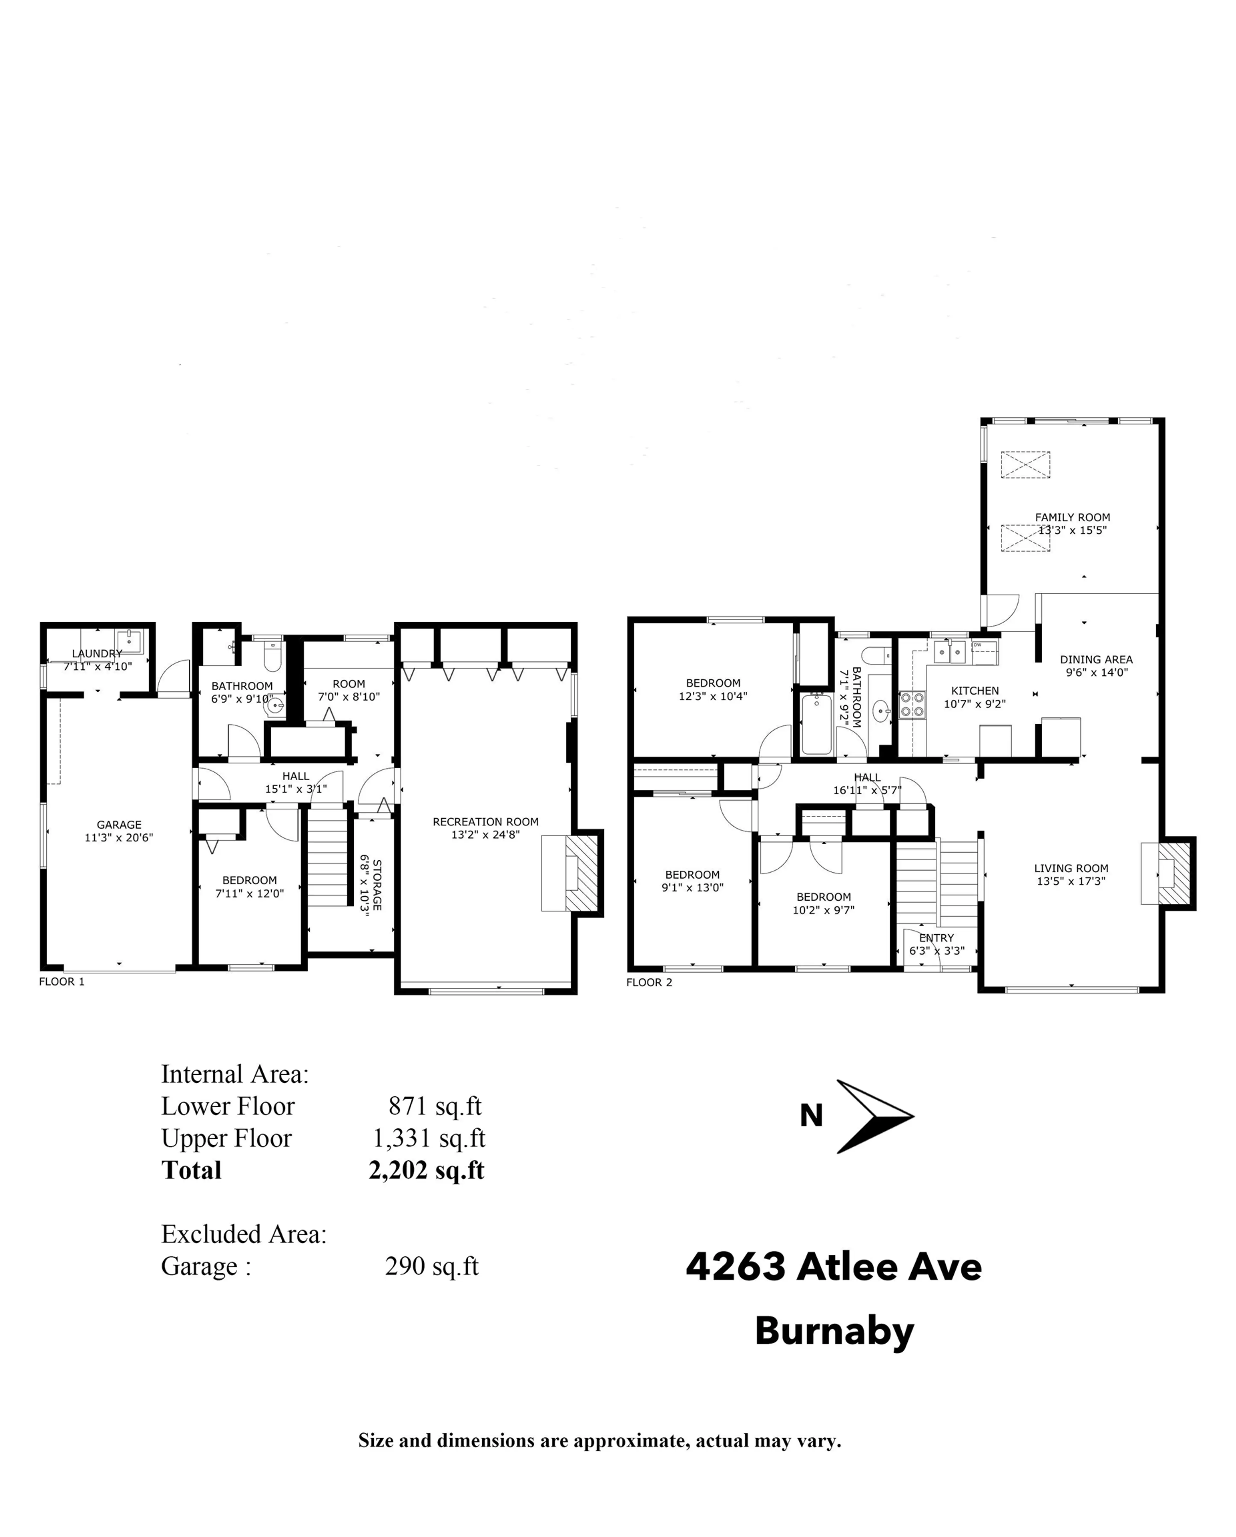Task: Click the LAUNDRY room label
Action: coord(97,653)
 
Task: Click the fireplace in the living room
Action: coord(1173,873)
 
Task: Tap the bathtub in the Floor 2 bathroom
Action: coord(816,724)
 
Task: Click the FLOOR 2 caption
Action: coord(649,982)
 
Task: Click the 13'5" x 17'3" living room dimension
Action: coord(1071,881)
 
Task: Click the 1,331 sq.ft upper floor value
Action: coord(429,1138)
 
